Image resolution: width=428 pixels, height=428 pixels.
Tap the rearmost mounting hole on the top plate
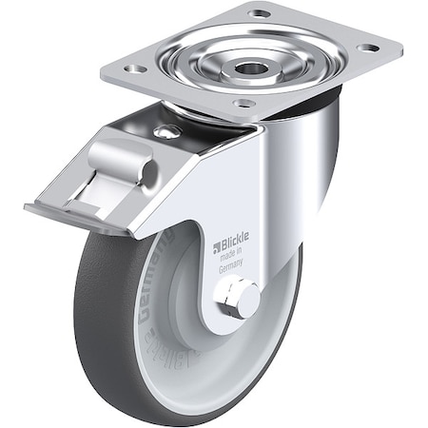tap(259, 13)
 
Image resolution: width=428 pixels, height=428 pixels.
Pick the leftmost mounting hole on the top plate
tap(135, 68)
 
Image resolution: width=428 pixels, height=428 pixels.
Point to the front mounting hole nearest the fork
tap(243, 103)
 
